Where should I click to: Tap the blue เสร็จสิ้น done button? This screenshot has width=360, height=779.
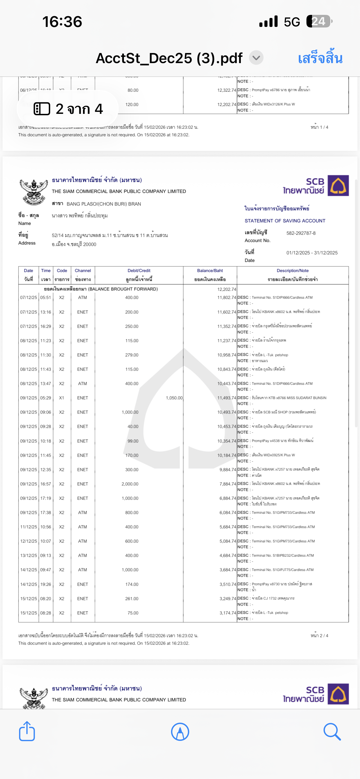coord(320,58)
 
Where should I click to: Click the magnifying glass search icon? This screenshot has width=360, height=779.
coord(332,732)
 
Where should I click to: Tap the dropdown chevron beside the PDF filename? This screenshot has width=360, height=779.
coord(256,57)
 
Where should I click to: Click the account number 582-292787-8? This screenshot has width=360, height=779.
coord(301,233)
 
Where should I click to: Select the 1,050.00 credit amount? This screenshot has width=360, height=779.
coord(174,398)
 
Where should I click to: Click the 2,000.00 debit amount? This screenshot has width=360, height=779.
coord(130,484)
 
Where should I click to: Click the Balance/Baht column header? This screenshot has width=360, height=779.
coord(210,271)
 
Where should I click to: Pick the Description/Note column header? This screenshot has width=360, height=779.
coord(292,271)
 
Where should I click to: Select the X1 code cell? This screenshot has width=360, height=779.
coord(62,398)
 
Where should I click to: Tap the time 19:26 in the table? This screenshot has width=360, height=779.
coord(46,584)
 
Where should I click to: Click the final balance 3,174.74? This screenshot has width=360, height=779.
coord(228,613)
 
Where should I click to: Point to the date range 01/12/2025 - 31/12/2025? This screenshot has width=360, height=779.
coord(312,253)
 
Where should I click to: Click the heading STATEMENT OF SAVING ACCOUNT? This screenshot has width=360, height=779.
coord(285,221)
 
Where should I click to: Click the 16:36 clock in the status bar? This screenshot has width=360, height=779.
coord(62,22)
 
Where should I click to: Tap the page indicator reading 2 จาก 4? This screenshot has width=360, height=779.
coord(68,109)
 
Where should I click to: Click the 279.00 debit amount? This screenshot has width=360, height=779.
coord(132,355)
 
